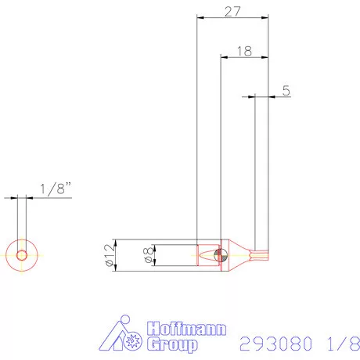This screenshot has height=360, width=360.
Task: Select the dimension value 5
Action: click(x=286, y=91)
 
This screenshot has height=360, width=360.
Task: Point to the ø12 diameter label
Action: click(x=108, y=255)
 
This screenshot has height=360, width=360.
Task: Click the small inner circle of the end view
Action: click(x=23, y=255)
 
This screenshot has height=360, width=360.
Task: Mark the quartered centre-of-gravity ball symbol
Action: click(x=220, y=255)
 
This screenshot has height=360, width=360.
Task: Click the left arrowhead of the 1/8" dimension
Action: click(x=16, y=197)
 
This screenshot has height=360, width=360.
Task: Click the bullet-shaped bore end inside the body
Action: click(x=210, y=255)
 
